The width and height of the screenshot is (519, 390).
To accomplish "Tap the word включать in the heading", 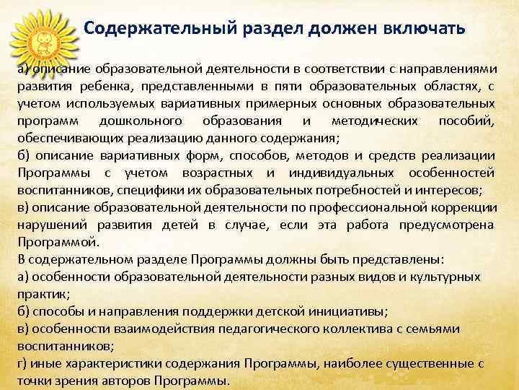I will tap(428, 28).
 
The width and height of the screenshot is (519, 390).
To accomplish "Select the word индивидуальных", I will tap(341, 173).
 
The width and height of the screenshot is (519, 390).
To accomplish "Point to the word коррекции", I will tap(467, 207).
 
